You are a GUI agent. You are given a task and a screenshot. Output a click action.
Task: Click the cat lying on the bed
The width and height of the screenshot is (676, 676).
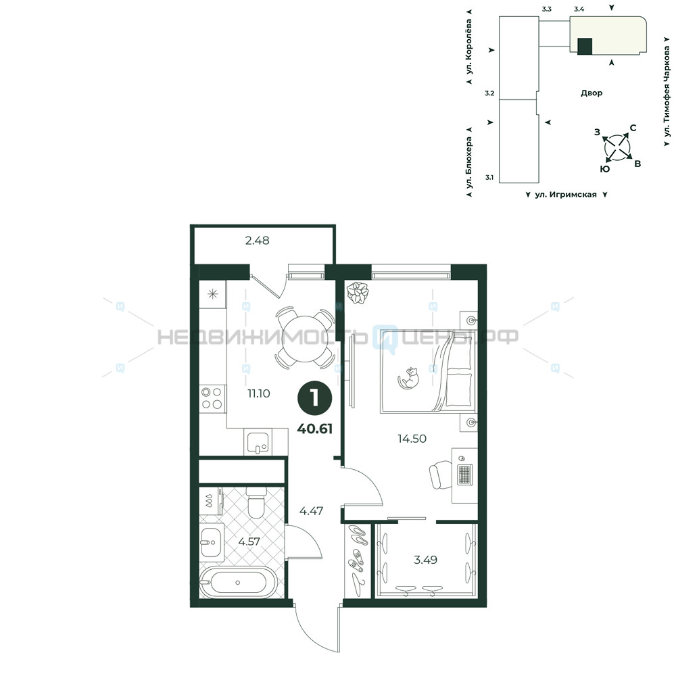(x=408, y=378)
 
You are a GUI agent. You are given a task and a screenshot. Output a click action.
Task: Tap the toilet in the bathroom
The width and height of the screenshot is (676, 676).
(x=256, y=502)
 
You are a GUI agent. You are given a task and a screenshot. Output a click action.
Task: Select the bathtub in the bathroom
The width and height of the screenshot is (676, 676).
(x=238, y=583)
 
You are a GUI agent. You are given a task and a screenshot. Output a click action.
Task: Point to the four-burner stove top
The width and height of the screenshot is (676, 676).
(x=212, y=398)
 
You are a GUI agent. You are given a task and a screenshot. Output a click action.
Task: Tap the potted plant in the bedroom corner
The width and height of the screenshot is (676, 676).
(x=358, y=293)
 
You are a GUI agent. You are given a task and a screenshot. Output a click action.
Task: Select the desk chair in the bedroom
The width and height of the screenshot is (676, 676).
(x=441, y=475)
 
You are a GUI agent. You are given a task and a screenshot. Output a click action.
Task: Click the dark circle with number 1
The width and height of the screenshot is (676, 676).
(x=315, y=398)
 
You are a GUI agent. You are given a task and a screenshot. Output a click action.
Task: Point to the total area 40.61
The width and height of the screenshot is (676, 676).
(x=315, y=429)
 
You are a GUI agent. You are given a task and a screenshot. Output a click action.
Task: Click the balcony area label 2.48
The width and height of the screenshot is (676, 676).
(x=258, y=241)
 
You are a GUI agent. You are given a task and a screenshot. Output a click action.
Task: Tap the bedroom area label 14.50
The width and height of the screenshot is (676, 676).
(x=412, y=439)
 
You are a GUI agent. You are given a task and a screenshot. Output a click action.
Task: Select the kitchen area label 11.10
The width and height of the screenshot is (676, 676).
(x=259, y=393)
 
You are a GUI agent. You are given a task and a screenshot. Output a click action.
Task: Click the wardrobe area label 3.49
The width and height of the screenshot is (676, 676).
(x=425, y=560)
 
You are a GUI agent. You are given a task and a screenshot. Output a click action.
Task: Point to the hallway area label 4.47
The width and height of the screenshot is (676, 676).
(x=311, y=511)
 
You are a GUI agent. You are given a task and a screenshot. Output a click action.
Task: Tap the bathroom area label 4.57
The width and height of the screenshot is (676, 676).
(x=249, y=541)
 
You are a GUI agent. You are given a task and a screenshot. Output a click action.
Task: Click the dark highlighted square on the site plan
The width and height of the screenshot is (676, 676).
(x=585, y=46)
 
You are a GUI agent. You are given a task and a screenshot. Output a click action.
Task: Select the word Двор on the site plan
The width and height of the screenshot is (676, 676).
(x=591, y=93)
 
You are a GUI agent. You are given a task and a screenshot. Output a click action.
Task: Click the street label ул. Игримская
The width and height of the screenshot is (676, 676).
(x=566, y=195)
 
